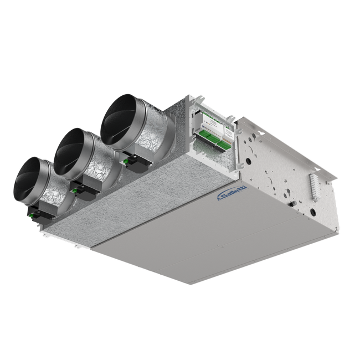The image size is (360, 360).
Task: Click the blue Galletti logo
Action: (x=232, y=193)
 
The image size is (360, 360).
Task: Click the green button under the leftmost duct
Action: (x=31, y=215)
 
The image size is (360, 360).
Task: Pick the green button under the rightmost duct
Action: (x=125, y=162)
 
